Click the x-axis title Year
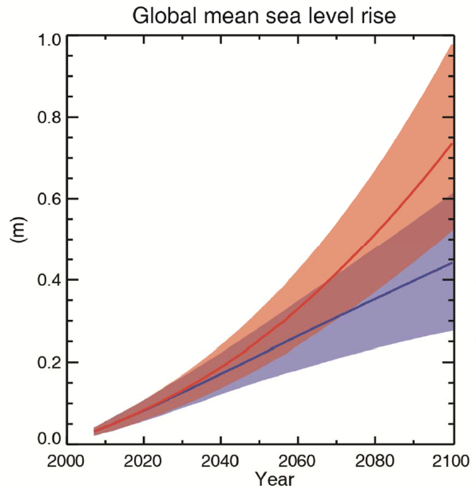[275, 479]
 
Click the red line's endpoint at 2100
[452, 144]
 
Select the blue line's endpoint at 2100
[452, 263]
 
